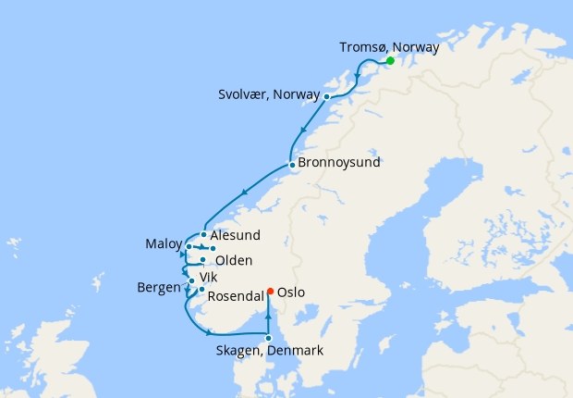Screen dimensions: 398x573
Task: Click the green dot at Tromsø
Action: [390, 61]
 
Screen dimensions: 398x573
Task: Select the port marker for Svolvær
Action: [326, 96]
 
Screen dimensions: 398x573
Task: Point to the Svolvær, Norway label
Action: [269, 95]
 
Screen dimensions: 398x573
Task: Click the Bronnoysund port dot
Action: [292, 166]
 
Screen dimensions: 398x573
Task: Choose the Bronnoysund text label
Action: [340, 166]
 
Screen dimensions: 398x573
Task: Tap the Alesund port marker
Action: [203, 235]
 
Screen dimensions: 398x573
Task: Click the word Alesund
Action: [236, 235]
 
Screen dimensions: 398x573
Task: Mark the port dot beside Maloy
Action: [189, 246]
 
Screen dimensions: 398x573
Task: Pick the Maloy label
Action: [164, 244]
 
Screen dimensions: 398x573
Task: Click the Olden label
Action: [234, 261]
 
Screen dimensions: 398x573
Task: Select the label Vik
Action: [208, 277]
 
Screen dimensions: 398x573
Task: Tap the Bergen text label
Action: [158, 288]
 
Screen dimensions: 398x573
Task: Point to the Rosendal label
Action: [236, 296]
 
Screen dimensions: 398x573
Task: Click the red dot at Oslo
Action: [270, 292]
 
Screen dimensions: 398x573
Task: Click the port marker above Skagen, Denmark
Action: [269, 338]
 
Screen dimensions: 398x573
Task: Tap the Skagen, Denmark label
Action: [269, 351]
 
